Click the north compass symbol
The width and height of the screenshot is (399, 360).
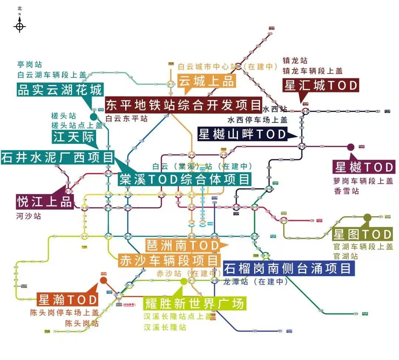click(x=20, y=26)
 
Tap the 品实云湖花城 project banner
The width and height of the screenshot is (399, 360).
click(x=59, y=90)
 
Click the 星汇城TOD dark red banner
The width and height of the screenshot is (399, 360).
click(x=321, y=85)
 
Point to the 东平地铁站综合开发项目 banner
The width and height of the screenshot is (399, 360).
click(x=184, y=105)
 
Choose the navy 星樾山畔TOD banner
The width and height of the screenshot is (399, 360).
click(x=242, y=134)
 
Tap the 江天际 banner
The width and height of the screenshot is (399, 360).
click(x=74, y=137)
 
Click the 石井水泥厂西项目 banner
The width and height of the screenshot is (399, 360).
click(x=58, y=157)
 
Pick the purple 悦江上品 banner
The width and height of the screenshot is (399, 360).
click(x=45, y=202)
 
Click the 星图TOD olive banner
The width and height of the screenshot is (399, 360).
click(x=362, y=234)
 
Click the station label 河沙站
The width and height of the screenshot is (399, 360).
click(x=28, y=216)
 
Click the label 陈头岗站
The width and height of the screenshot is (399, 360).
click(x=82, y=323)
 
